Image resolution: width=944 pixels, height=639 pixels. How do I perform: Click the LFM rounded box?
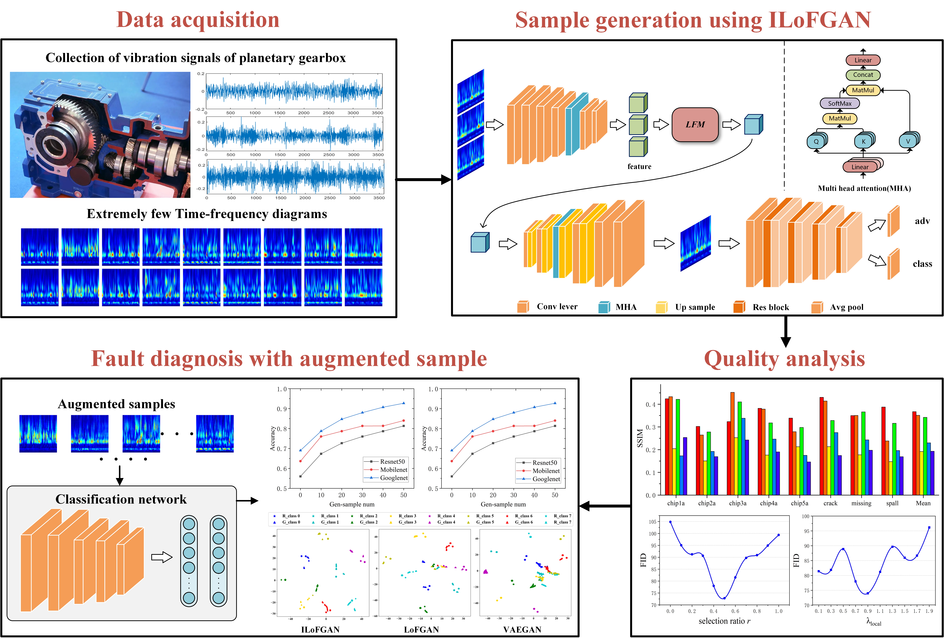[695, 125]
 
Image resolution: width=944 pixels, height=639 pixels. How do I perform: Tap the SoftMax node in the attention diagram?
[840, 103]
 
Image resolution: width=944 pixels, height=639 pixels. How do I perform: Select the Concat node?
[863, 75]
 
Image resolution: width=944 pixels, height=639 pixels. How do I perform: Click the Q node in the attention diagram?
[816, 142]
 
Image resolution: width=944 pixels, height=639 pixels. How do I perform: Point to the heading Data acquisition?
[198, 20]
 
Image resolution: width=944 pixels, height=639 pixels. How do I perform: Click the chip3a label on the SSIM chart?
[738, 503]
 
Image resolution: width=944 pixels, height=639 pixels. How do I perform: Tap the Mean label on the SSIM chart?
[923, 503]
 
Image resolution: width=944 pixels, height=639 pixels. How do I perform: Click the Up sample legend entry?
[695, 307]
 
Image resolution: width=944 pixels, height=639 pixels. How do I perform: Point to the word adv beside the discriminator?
[922, 221]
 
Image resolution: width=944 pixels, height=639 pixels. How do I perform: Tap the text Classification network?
[121, 499]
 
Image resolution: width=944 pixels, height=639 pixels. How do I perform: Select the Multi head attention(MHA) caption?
[864, 188]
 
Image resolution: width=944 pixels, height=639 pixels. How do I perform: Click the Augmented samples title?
[117, 404]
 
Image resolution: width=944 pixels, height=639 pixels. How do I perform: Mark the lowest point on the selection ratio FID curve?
[724, 598]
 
